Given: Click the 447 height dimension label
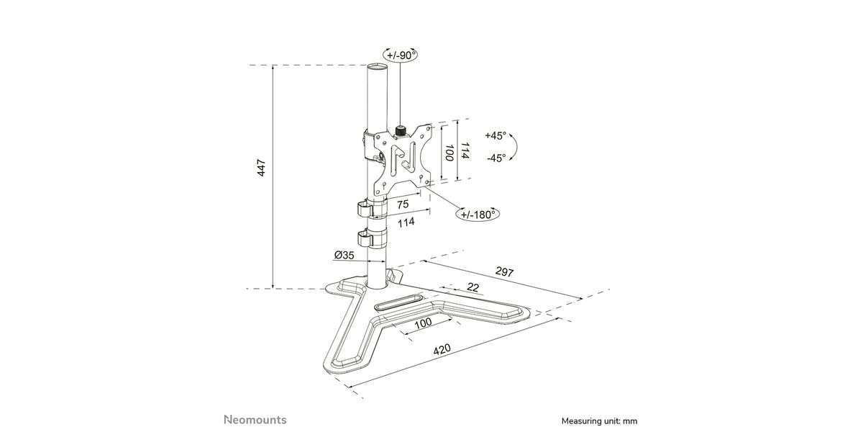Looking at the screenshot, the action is (261, 168).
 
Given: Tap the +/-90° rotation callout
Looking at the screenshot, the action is (401, 55).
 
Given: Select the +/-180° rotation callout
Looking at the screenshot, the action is (478, 214).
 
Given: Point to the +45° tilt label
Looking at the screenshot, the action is (495, 136).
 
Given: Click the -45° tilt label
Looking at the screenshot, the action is (496, 158).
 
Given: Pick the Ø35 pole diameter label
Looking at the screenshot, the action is (344, 255).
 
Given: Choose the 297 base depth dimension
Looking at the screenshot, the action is (504, 272).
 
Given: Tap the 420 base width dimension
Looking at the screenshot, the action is (442, 349).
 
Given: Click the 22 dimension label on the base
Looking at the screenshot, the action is (472, 287).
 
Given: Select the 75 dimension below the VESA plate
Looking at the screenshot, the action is (403, 204).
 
